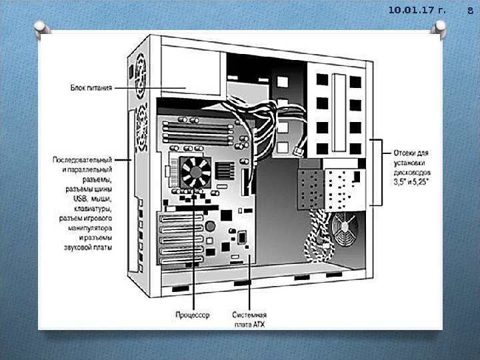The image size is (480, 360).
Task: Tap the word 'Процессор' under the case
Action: tap(193, 314)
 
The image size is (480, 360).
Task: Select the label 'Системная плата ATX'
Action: tap(250, 319)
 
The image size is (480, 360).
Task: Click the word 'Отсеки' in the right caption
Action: tap(404, 152)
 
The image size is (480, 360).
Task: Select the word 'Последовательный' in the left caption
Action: tap(82, 160)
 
